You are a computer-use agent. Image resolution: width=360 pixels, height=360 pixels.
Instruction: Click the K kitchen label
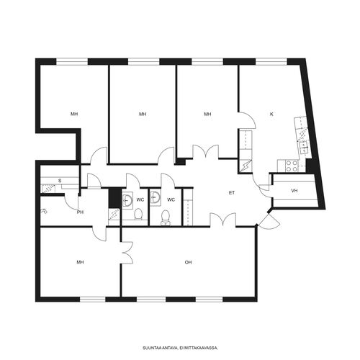tap(271, 114)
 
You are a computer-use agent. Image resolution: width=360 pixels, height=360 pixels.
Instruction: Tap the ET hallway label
tap(232, 193)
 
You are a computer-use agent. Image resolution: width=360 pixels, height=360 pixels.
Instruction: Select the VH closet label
tap(294, 191)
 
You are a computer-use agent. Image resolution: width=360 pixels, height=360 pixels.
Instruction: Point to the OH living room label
tap(188, 262)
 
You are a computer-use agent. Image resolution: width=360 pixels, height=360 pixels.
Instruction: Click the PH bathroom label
tap(80, 212)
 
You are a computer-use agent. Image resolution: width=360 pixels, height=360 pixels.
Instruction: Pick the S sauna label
tap(60, 181)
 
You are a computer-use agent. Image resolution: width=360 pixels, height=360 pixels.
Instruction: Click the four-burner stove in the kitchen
tap(292, 166)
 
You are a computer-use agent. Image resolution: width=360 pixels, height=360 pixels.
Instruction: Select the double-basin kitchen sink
tap(304, 148)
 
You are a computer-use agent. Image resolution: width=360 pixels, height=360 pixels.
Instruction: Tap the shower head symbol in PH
tap(44, 212)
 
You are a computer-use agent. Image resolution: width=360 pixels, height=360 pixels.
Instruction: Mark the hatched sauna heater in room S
tap(48, 189)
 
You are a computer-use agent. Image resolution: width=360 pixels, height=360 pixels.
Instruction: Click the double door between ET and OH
tap(223, 219)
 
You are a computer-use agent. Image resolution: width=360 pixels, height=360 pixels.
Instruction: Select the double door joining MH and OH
tap(127, 253)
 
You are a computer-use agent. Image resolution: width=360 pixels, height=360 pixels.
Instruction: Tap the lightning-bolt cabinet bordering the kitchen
tap(246, 166)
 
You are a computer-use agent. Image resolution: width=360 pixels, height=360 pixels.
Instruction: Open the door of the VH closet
tap(266, 191)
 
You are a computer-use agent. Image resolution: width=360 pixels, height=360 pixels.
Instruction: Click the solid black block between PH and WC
tap(114, 198)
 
